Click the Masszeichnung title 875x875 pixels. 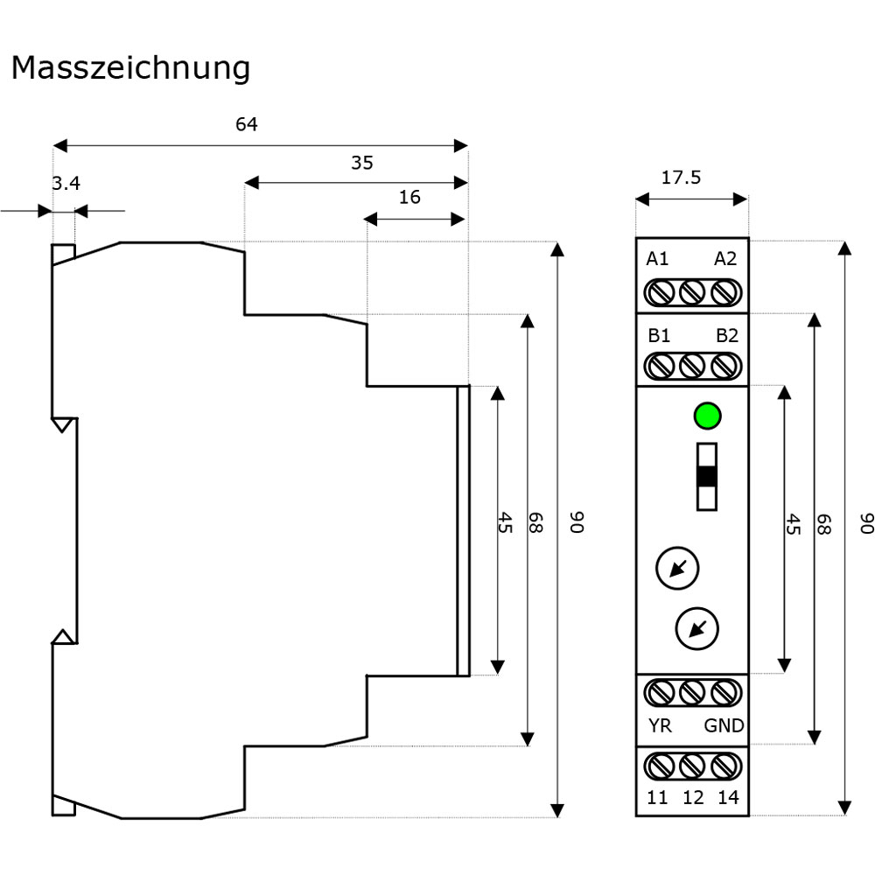point(130,68)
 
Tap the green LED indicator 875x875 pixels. point(708,416)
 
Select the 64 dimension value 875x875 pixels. point(247,124)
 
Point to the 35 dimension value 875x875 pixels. point(362,163)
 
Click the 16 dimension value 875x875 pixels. point(409,197)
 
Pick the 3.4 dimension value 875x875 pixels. point(66,183)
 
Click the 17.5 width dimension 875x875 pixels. point(681,178)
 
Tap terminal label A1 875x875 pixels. point(657,259)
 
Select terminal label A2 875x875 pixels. point(725,259)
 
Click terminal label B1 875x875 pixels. point(659,335)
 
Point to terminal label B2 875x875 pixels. point(727,335)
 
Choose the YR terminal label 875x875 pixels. point(660,725)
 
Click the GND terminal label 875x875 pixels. point(724,725)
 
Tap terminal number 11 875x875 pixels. point(657,797)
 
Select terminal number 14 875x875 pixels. point(728,797)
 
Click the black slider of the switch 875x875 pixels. point(707,477)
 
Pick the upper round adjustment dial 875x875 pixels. point(677,569)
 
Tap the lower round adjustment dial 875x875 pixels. point(697,629)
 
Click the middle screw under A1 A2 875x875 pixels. point(692,292)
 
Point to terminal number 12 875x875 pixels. point(694,797)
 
